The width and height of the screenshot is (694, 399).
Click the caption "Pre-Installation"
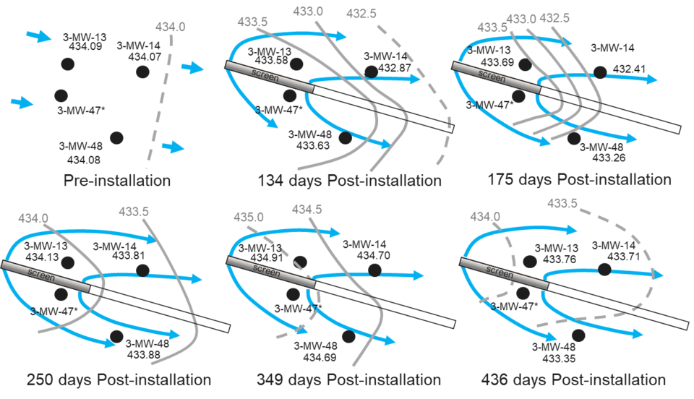click(117, 180)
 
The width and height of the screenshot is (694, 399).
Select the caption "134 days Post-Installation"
click(349, 180)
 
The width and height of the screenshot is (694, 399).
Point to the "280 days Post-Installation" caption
click(119, 379)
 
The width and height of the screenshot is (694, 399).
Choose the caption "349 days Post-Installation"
click(348, 379)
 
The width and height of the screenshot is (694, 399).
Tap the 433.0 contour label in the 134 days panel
click(309, 11)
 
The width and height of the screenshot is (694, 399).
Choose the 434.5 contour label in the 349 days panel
click(307, 210)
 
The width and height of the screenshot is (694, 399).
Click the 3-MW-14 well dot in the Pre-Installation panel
click(142, 71)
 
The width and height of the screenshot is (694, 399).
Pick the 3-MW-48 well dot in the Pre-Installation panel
click(117, 137)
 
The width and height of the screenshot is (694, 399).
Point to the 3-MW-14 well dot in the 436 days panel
click(604, 269)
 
